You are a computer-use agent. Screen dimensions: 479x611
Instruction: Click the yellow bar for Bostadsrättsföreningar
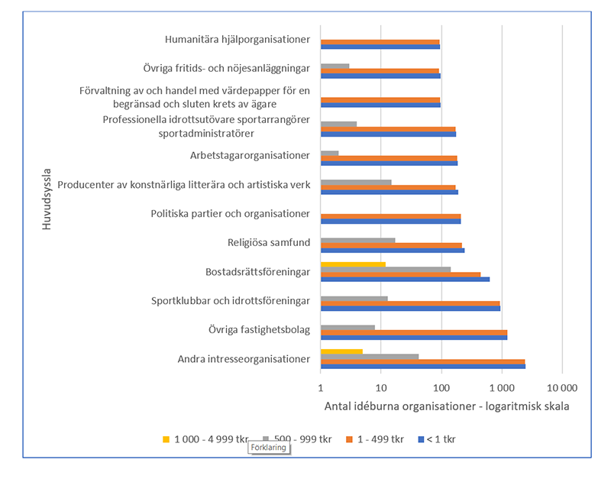[x=353, y=264]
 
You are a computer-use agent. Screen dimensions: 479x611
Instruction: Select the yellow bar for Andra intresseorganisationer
[x=341, y=351]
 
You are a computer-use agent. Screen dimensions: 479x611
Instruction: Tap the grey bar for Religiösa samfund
[x=357, y=241]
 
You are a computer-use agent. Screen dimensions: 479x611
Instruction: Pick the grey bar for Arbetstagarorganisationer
[x=329, y=154]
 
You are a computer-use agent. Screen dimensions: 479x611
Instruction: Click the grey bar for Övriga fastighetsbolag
[x=348, y=327]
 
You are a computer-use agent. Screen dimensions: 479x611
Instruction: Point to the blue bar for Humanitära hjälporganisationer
[x=380, y=47]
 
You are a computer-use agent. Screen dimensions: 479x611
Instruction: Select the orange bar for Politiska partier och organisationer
[x=390, y=216]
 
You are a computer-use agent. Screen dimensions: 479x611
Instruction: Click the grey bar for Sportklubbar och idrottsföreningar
[x=354, y=299]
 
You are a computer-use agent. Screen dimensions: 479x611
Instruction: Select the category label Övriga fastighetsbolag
[x=259, y=330]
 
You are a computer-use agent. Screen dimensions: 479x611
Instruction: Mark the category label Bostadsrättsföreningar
[x=257, y=271]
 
